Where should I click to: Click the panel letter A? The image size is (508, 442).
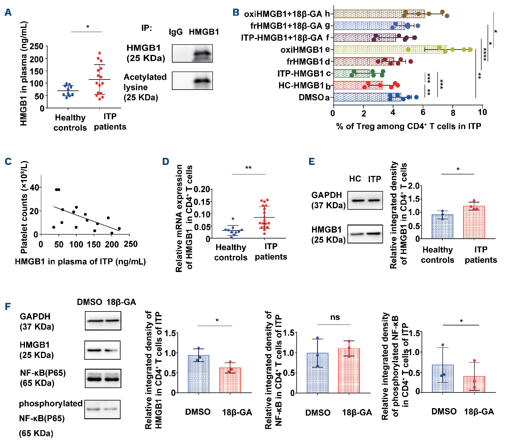point(8,12)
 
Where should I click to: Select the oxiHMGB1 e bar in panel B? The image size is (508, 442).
point(390,50)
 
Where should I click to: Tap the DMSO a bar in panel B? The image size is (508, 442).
point(367,97)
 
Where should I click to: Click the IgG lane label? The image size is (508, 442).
point(175,32)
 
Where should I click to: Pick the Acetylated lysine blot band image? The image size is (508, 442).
point(192,81)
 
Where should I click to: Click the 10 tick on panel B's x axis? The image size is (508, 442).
point(482,112)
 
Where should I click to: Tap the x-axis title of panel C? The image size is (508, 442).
point(80,262)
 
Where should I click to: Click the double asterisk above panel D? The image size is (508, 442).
point(249,168)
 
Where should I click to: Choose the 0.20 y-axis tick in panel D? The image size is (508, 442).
point(202,189)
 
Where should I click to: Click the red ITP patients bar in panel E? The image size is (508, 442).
point(474,222)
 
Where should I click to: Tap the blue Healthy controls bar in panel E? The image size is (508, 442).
point(442,227)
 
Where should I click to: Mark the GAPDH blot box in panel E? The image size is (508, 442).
point(365,201)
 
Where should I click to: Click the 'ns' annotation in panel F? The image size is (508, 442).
point(335,317)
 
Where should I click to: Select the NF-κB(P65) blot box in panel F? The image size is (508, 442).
point(103,378)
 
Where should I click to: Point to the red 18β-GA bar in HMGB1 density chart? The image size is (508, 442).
point(230,380)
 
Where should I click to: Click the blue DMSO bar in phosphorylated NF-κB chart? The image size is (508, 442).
point(443,379)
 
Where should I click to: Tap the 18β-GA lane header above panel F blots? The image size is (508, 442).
point(121,302)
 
